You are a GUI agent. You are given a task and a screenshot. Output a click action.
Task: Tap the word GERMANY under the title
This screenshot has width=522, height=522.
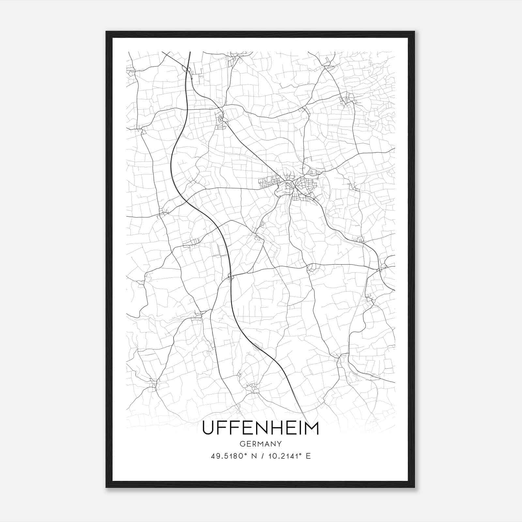click(260, 444)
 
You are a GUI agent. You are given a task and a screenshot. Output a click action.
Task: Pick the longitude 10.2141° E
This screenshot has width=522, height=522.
click(289, 456)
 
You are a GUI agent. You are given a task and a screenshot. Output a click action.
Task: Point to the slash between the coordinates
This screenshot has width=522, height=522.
click(263, 456)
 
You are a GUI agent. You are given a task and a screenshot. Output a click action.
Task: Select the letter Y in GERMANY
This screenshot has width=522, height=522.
click(279, 444)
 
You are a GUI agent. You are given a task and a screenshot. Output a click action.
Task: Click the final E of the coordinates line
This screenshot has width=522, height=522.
click(308, 456)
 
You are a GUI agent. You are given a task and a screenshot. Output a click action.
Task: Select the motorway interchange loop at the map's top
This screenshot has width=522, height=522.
click(188, 69)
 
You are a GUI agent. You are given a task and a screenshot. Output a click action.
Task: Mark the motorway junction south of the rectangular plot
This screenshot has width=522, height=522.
click(231, 277)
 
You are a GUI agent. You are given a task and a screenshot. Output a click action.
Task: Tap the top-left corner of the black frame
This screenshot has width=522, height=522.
click(106, 32)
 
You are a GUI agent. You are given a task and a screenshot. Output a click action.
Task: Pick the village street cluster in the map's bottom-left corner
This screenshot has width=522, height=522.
click(153, 385)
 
